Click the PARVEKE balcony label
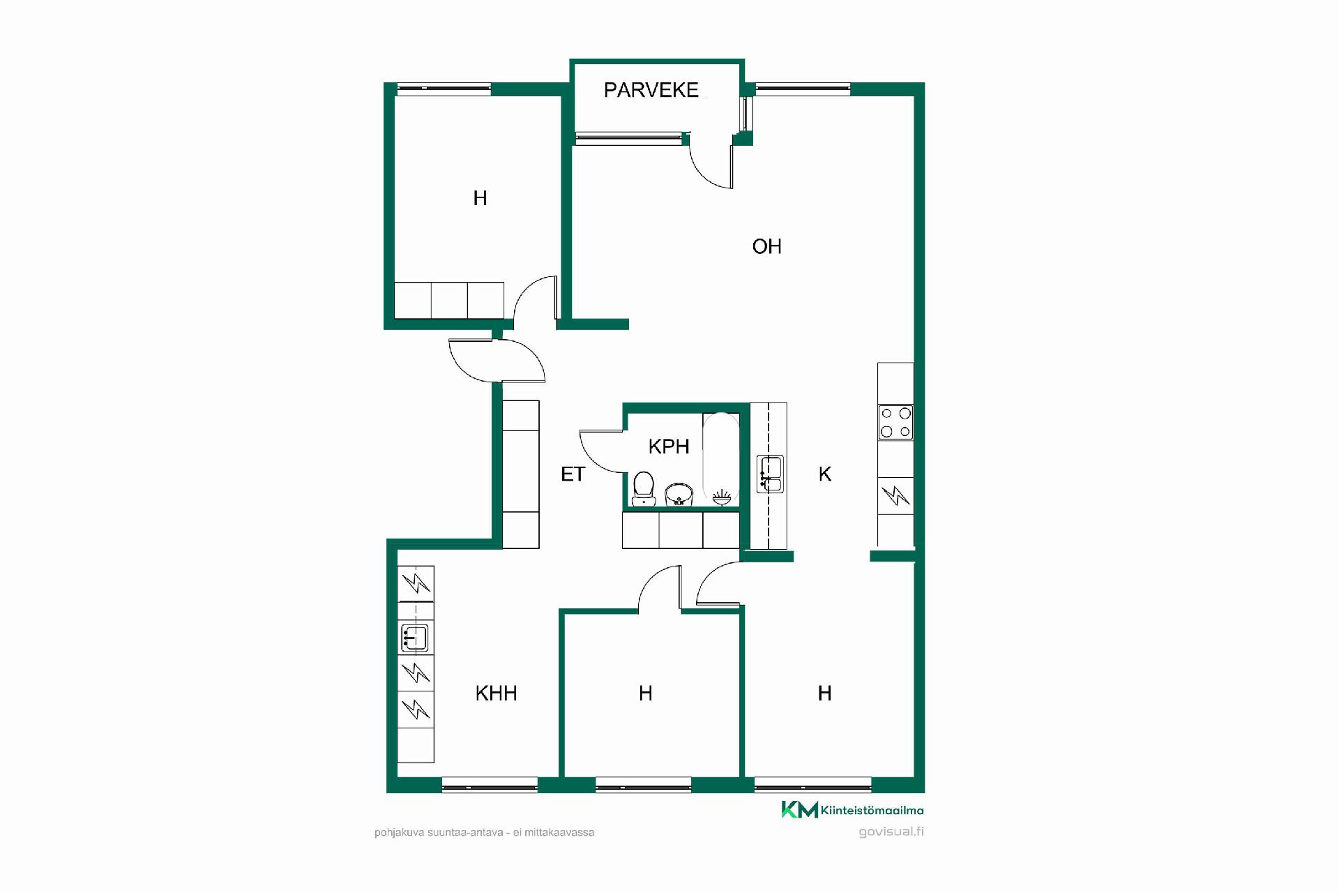pos(651,90)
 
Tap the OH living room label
pos(766,246)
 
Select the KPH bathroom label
pos(669,446)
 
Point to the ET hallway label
pos(573,474)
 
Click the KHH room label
pos(496,693)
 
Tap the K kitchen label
pos(825,474)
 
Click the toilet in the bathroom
pos(644,488)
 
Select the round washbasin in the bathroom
pos(679,495)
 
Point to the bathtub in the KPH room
pos(721,459)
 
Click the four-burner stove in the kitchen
pos(895,422)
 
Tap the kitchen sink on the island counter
pos(770,474)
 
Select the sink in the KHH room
pos(414,638)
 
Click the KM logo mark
pos(799,809)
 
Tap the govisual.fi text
pos(891,832)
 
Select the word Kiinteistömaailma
pos(872,810)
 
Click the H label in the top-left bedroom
pos(480,198)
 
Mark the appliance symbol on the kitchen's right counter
pos(895,496)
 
